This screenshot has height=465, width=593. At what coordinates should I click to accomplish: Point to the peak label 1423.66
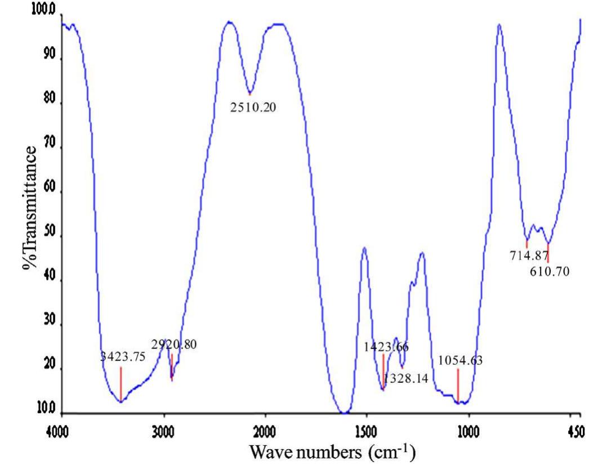(x=387, y=347)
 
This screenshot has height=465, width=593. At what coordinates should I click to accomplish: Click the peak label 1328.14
(x=405, y=379)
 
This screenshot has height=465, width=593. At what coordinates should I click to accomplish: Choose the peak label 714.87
(x=529, y=257)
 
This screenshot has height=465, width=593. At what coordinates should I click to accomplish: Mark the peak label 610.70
(x=550, y=271)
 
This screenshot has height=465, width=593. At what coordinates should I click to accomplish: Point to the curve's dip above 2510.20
(x=249, y=92)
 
